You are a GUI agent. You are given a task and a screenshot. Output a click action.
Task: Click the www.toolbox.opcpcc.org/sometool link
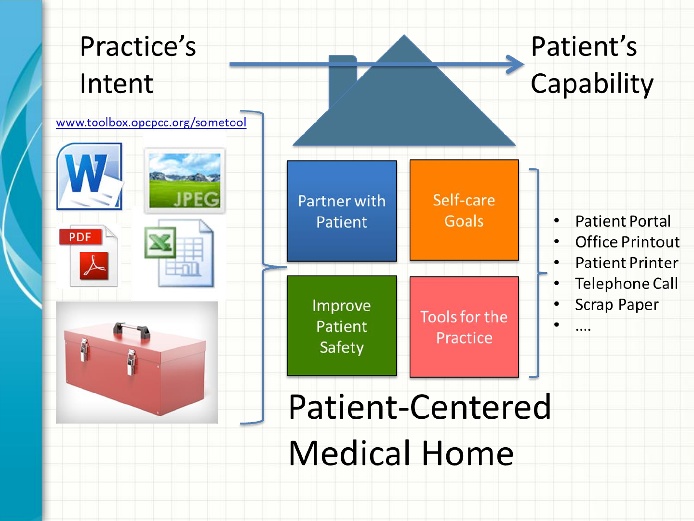151,123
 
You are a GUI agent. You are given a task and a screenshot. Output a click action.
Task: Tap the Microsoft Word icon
90,177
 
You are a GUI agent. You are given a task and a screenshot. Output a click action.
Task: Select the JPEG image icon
185,180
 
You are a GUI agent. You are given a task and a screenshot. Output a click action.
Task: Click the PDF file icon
89,256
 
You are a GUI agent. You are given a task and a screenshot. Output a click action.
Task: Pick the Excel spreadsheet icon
179,253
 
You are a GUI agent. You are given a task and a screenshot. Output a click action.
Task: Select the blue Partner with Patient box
342,211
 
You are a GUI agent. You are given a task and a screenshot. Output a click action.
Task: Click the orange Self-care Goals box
464,210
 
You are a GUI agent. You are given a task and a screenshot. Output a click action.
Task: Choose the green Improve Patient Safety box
342,326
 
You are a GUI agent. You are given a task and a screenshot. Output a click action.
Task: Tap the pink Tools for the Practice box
464,327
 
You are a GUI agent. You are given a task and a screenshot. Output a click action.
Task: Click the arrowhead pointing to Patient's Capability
515,65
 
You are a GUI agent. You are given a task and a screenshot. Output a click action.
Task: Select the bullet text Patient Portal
623,221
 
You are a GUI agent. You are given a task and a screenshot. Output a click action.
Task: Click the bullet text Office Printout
627,242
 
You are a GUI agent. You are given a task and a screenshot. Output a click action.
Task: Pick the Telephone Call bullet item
627,284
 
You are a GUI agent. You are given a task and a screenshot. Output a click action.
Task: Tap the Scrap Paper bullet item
616,305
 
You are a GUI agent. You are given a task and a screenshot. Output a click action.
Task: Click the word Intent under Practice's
117,83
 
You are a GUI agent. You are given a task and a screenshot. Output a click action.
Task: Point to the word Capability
592,84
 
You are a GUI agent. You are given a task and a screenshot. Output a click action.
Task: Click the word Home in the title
467,453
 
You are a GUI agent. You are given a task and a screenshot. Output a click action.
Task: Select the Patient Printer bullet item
627,263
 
